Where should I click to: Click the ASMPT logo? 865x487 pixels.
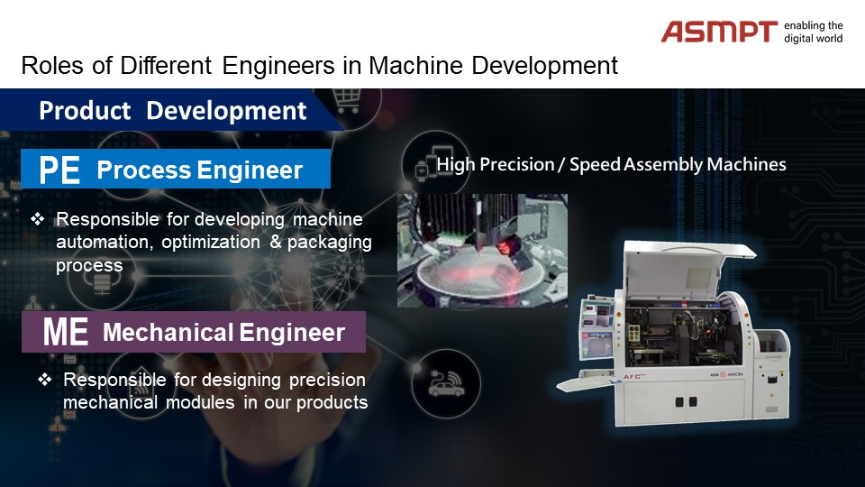click(719, 32)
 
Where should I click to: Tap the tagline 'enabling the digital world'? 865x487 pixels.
click(813, 32)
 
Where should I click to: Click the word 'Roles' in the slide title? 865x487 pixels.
click(52, 65)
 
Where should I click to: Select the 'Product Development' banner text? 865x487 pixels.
click(172, 110)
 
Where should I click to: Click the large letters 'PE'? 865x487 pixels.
click(59, 170)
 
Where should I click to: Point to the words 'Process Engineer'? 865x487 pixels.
click(200, 170)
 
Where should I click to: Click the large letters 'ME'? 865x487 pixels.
click(65, 332)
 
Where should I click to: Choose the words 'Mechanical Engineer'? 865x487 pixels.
click(223, 333)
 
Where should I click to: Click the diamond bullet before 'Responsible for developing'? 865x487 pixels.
click(38, 219)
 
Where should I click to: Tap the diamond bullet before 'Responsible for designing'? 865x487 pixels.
click(45, 380)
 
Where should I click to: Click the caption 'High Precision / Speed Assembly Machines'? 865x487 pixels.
click(611, 164)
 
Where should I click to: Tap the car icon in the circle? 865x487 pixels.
click(446, 384)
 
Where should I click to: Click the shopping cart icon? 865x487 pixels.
click(347, 100)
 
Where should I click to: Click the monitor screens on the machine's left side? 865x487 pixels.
click(596, 327)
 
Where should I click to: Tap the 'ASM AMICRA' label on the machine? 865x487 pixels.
click(726, 374)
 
